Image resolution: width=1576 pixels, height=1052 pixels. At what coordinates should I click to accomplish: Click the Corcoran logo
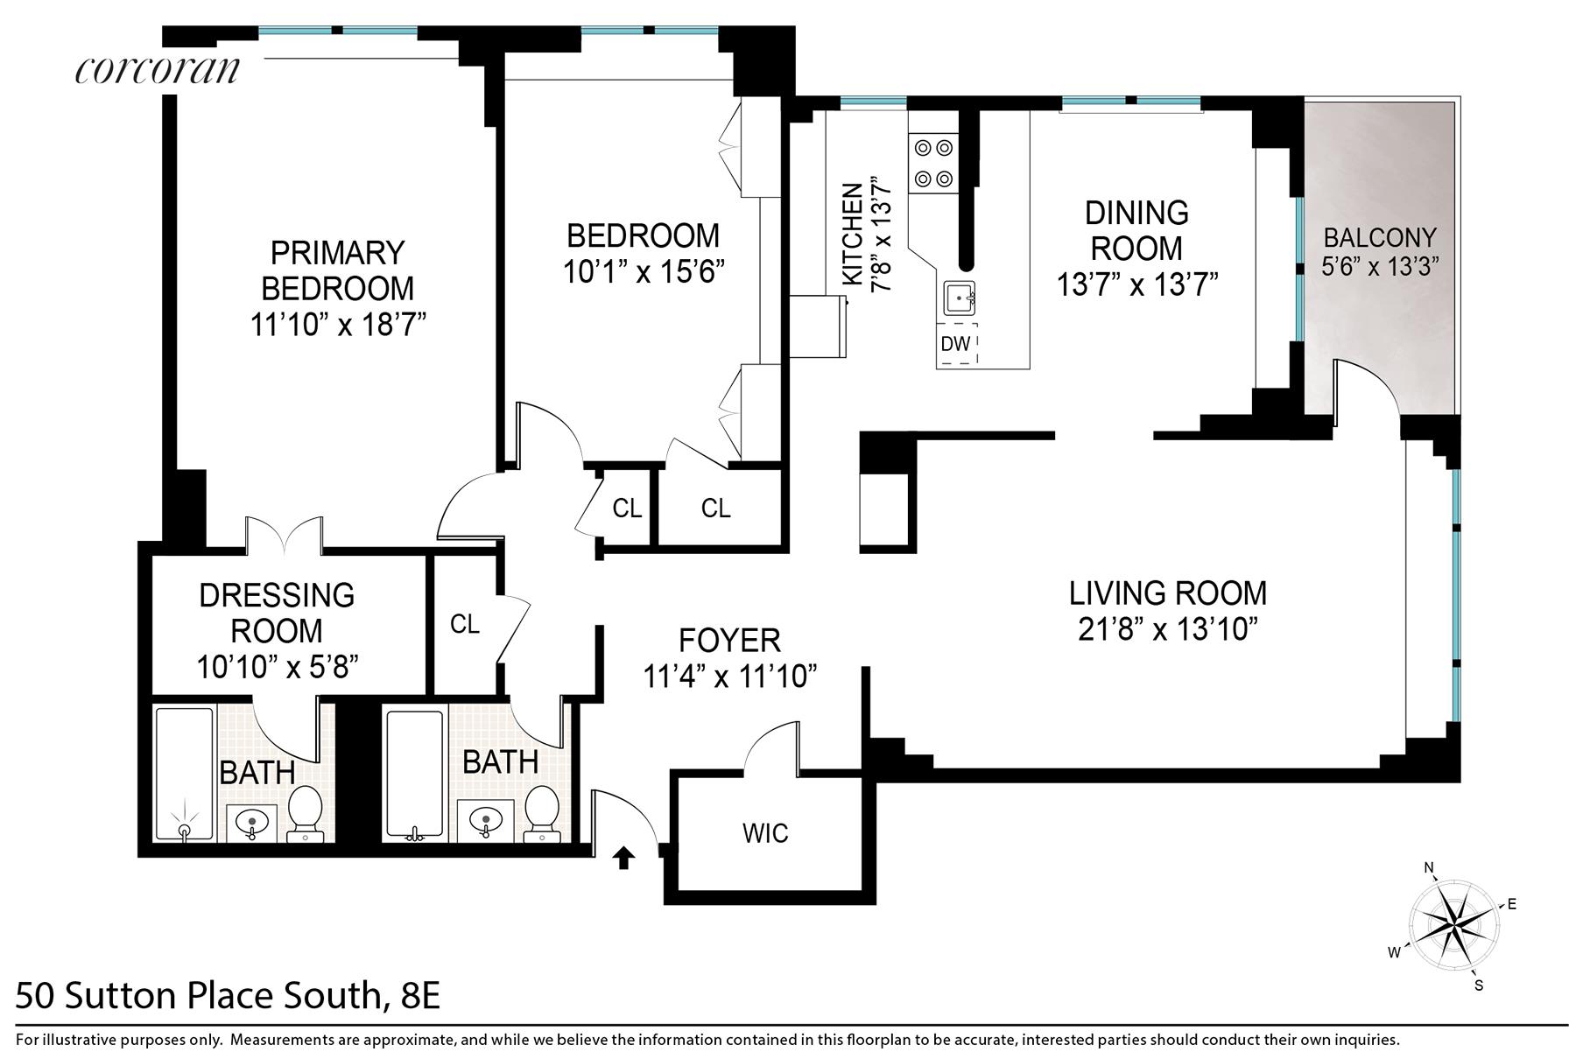click(158, 70)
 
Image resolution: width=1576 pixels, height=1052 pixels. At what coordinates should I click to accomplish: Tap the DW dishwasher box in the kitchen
click(956, 344)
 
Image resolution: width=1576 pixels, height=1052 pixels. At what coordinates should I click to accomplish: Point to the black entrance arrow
click(623, 858)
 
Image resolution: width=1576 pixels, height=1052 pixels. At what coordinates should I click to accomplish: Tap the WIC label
click(765, 833)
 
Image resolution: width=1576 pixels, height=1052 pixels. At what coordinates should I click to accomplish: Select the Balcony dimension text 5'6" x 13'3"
click(1380, 266)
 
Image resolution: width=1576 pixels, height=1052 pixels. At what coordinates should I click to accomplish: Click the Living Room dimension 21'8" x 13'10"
click(1168, 629)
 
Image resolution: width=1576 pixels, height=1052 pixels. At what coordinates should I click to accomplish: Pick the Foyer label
click(730, 641)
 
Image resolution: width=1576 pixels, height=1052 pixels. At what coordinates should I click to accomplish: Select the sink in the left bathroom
click(252, 824)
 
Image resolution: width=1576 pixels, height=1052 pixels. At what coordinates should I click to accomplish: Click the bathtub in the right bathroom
click(416, 775)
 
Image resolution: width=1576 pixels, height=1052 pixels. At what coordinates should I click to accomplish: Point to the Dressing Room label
click(277, 613)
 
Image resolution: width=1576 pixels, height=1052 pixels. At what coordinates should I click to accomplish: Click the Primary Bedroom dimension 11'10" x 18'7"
click(338, 326)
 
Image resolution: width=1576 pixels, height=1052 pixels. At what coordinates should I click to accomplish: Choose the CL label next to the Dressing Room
click(465, 624)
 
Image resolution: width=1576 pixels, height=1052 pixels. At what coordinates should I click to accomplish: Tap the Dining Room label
click(1136, 231)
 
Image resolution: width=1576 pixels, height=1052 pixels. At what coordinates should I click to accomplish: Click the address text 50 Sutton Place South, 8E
click(228, 997)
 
